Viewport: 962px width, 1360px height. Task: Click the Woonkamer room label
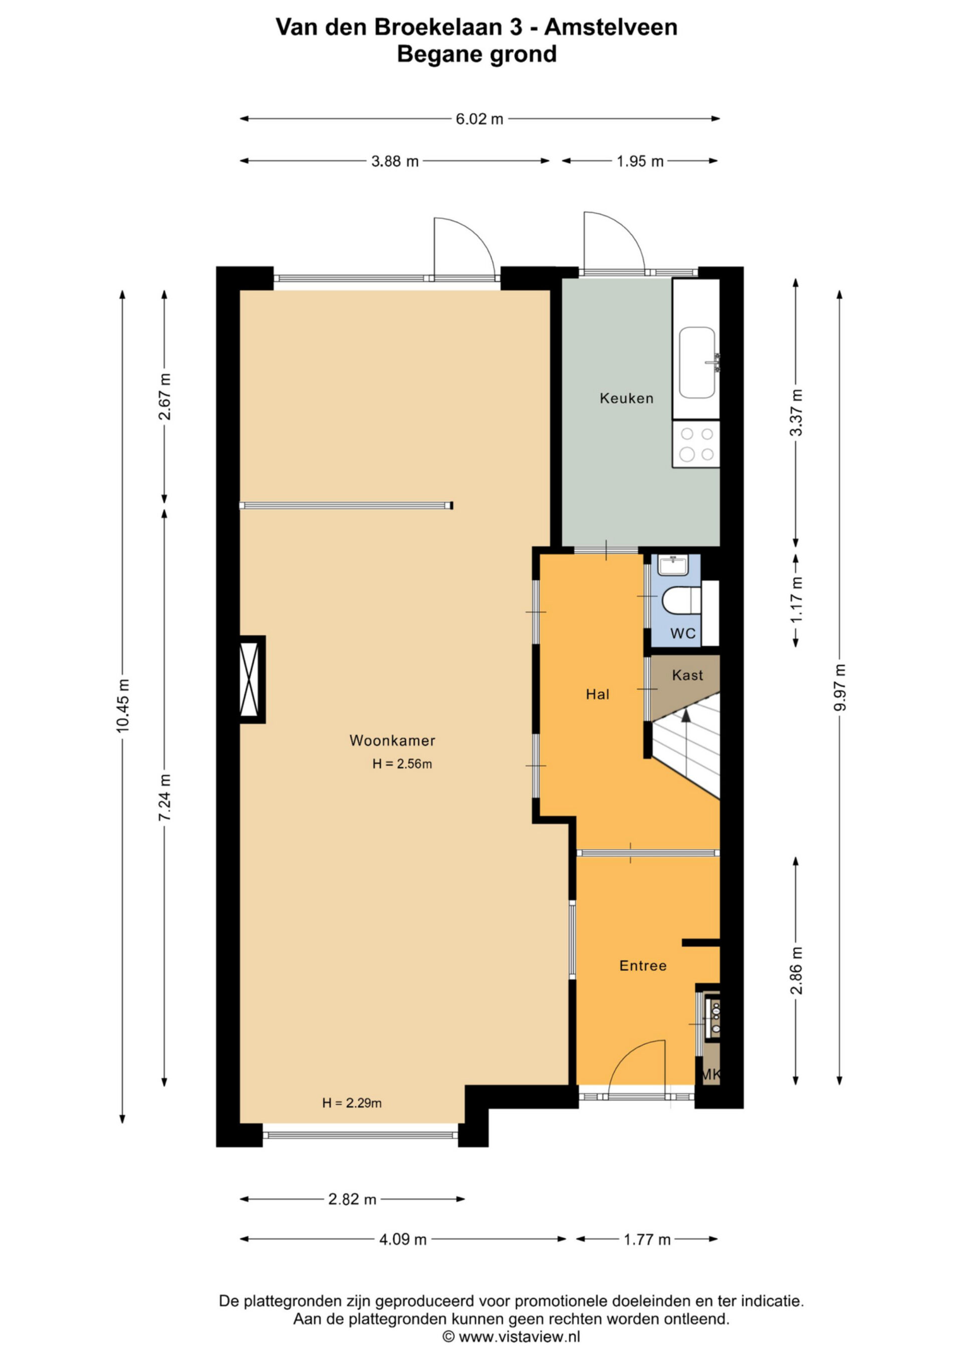click(392, 740)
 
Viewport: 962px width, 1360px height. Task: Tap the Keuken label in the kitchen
click(626, 398)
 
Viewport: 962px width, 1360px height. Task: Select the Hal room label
click(598, 694)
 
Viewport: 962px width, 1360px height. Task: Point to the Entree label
click(643, 965)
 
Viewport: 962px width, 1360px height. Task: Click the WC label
click(682, 633)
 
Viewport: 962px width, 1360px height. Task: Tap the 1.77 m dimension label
click(647, 1240)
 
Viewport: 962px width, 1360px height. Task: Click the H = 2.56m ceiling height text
click(402, 764)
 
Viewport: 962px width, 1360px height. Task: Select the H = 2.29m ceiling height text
click(352, 1103)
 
